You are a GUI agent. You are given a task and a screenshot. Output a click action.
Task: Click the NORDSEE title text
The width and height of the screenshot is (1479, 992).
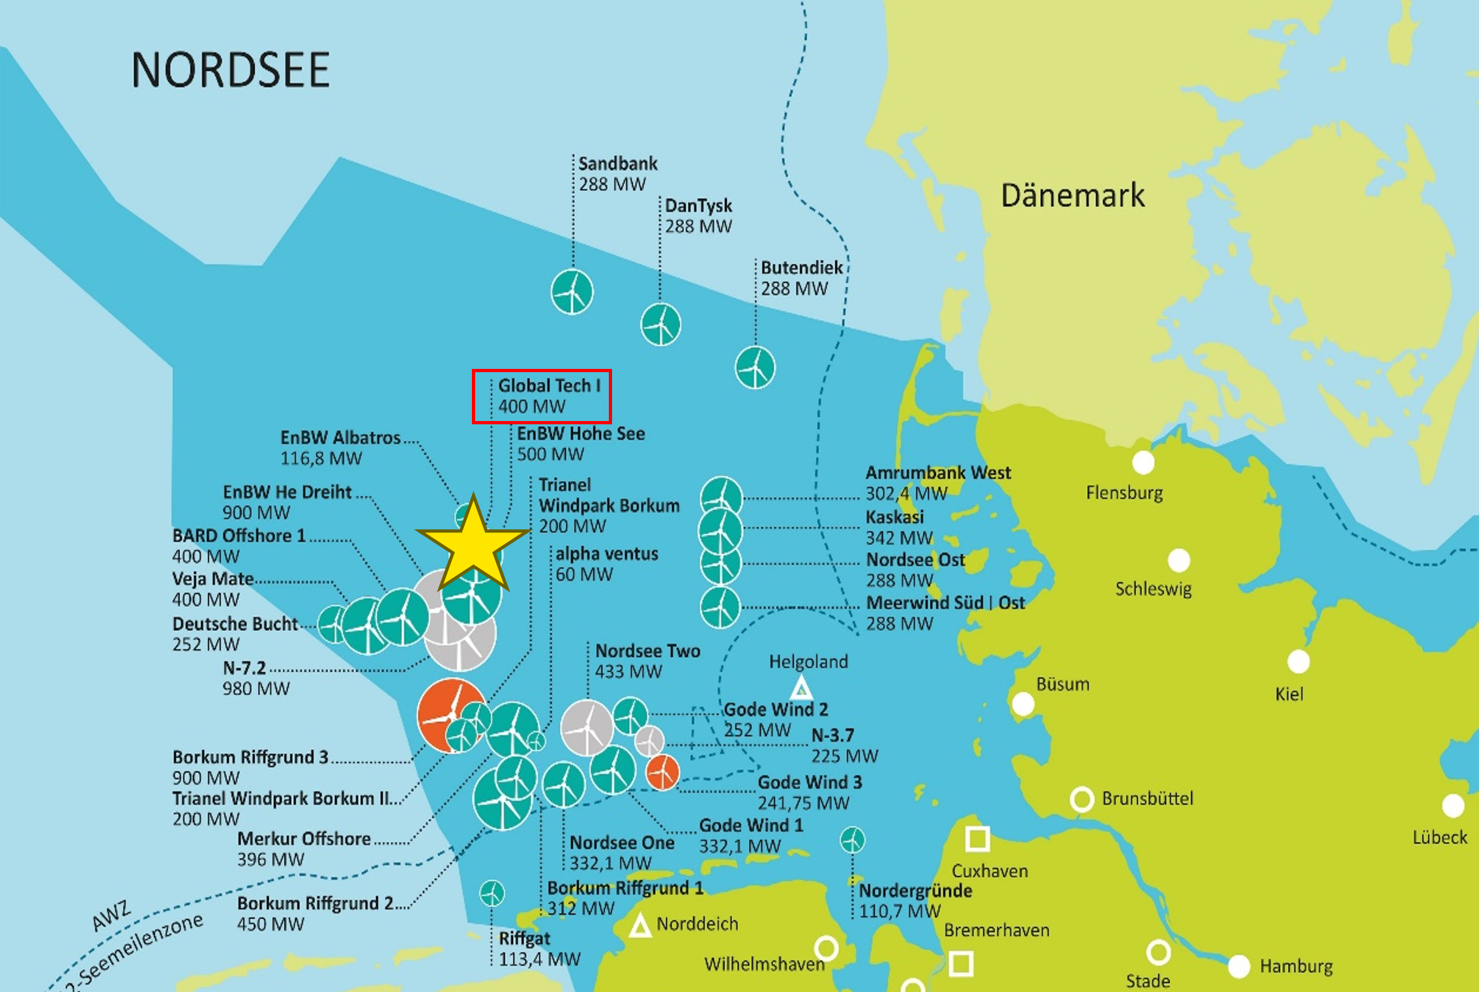[x=230, y=70]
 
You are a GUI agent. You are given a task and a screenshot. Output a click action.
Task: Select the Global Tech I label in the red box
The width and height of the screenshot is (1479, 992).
[x=541, y=396]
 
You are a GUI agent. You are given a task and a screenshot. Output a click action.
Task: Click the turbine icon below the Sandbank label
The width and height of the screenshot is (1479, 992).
[x=572, y=291]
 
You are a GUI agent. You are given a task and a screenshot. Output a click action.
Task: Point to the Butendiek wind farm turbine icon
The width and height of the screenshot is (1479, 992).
[x=755, y=368]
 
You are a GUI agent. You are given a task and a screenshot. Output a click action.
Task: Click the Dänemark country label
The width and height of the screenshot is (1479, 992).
[x=1072, y=196]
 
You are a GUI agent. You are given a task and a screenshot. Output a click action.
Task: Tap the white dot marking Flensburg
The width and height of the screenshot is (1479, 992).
[x=1143, y=463]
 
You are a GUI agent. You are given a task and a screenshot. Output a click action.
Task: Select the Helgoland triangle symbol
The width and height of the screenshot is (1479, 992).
[x=801, y=688]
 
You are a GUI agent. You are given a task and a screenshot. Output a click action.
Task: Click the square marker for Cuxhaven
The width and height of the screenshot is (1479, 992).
[x=976, y=839]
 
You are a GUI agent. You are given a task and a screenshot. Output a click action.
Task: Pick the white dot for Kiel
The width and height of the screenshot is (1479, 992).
[x=1298, y=662]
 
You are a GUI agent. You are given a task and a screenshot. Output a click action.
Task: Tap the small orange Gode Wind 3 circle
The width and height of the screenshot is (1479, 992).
[x=662, y=772]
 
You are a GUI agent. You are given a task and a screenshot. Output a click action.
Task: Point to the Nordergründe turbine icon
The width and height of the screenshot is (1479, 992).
[x=852, y=840]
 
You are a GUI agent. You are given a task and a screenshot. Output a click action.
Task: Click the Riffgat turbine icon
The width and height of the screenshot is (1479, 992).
[x=491, y=893]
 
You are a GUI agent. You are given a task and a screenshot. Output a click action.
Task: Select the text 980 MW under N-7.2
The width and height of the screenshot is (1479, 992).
[x=256, y=688]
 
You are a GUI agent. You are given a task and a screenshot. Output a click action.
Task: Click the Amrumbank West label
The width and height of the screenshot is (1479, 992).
[x=937, y=473]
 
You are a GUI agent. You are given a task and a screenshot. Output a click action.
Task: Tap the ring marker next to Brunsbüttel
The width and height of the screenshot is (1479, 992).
[x=1081, y=799]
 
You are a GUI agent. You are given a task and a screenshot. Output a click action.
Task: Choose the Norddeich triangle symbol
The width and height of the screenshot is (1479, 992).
[x=640, y=926]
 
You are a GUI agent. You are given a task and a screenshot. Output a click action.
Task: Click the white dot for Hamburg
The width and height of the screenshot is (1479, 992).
[x=1238, y=966]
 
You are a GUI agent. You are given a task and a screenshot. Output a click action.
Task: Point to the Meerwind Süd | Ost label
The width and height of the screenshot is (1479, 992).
[x=945, y=602]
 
